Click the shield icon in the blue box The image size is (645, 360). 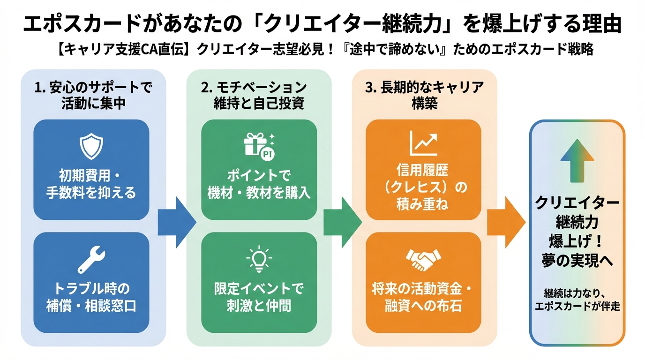tap(91, 147)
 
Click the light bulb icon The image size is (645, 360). tap(259, 260)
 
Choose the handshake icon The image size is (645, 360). tap(423, 259)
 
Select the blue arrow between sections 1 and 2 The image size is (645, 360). tap(176, 222)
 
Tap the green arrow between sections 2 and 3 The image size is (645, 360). tap(342, 222)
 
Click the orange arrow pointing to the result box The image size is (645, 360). tap(506, 222)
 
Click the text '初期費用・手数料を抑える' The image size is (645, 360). tap(91, 184)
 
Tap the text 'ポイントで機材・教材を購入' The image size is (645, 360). tap(259, 184)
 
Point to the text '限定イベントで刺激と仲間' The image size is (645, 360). tap(259, 297)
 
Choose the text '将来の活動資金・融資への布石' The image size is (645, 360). tap(423, 297)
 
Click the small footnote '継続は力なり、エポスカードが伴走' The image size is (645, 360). tap(577, 300)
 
